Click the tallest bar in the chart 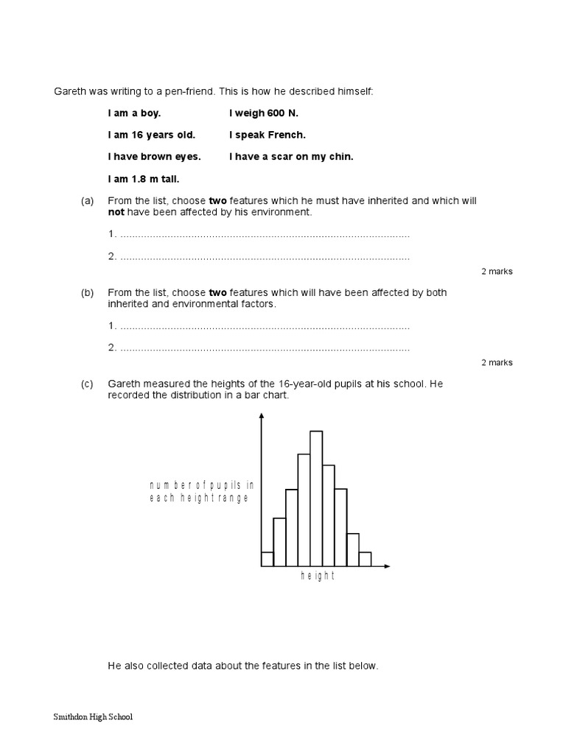pyautogui.click(x=316, y=498)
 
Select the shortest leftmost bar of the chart pyautogui.click(x=267, y=559)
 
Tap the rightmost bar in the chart pyautogui.click(x=365, y=559)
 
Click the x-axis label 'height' pyautogui.click(x=318, y=577)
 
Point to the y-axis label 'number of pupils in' pyautogui.click(x=201, y=485)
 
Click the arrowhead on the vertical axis pyautogui.click(x=261, y=418)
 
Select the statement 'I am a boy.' pyautogui.click(x=133, y=114)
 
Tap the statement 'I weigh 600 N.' pyautogui.click(x=264, y=114)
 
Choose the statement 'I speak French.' pyautogui.click(x=267, y=135)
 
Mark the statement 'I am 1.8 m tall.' pyautogui.click(x=144, y=178)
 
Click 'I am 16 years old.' pyautogui.click(x=151, y=135)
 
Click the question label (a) pyautogui.click(x=88, y=201)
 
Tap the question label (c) pyautogui.click(x=88, y=384)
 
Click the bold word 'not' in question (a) pyautogui.click(x=116, y=212)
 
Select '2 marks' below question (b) pyautogui.click(x=497, y=362)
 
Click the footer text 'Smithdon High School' pyautogui.click(x=94, y=716)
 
